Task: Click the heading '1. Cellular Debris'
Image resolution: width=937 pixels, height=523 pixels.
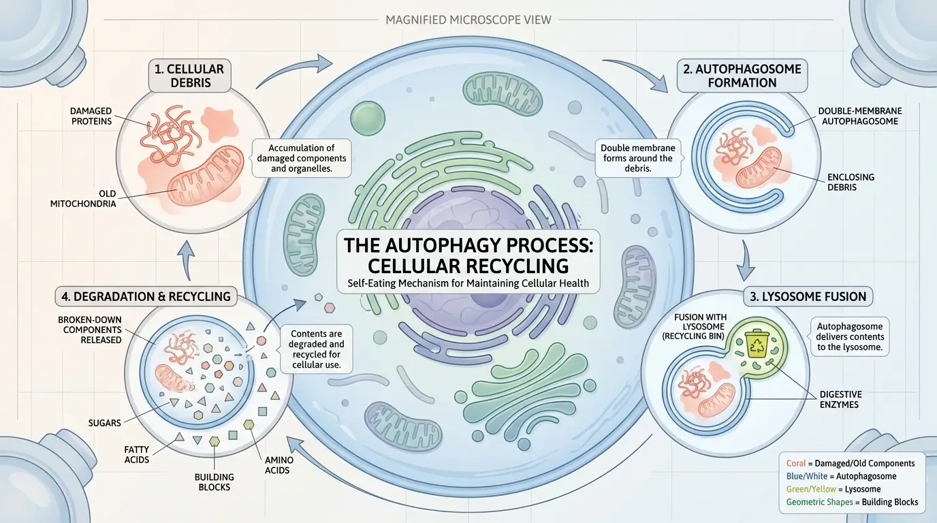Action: [x=188, y=76]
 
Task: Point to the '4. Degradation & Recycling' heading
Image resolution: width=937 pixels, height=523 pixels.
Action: [x=146, y=296]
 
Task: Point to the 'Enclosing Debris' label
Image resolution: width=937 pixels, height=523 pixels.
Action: [x=851, y=182]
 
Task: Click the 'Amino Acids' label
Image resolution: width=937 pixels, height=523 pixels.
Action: [x=276, y=465]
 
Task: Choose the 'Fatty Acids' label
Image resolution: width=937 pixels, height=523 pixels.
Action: [x=137, y=454]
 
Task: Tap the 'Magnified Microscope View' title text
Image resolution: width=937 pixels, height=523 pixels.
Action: [x=469, y=19]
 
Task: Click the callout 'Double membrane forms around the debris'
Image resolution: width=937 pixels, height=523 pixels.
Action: [x=637, y=158]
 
